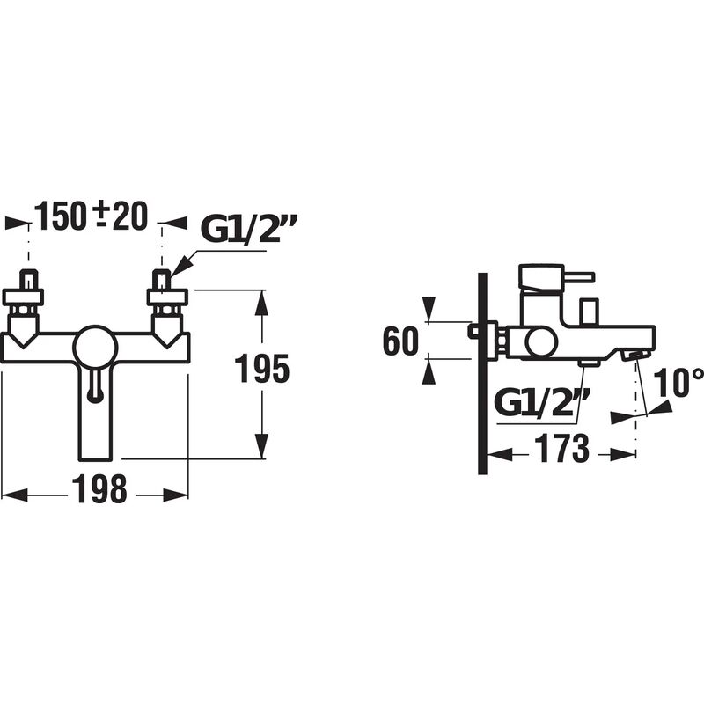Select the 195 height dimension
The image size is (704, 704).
tap(261, 369)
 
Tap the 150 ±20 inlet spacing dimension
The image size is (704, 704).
tap(92, 216)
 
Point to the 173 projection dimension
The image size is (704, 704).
tap(561, 449)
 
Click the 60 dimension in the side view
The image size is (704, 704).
tap(400, 341)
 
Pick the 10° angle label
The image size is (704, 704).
tap(678, 383)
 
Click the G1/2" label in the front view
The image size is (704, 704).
tap(249, 229)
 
